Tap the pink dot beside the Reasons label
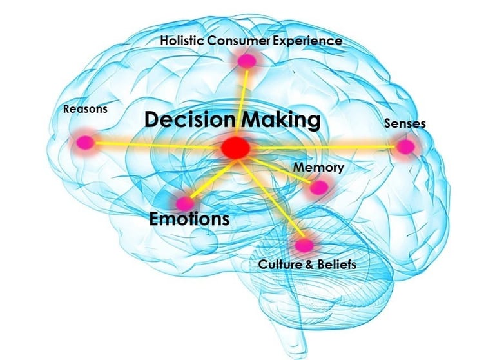[x=83, y=143]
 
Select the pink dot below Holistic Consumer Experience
[x=247, y=61]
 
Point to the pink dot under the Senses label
[x=405, y=147]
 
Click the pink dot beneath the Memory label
[x=319, y=188]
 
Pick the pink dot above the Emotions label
[x=185, y=203]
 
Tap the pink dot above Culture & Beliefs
[x=304, y=245]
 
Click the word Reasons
[x=85, y=109]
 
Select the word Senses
[x=405, y=123]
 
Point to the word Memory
[x=318, y=168]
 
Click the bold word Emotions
[x=189, y=219]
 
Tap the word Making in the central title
[x=281, y=120]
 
